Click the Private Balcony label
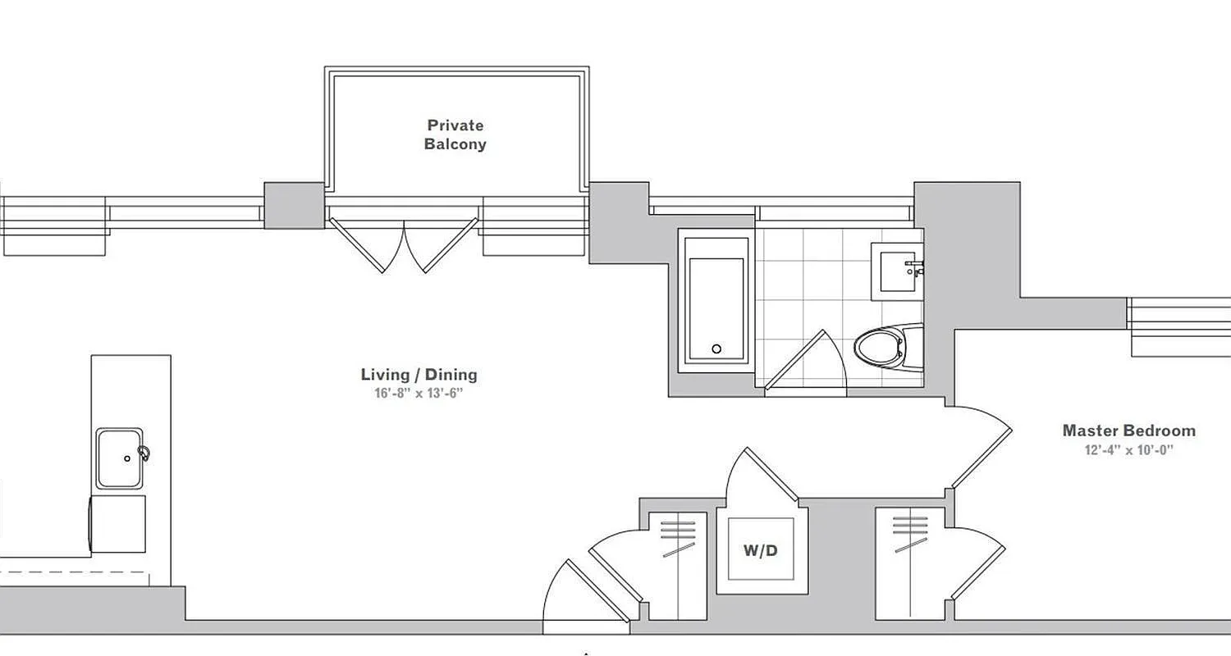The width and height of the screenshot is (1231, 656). point(455,134)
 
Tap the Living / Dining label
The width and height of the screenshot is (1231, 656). point(419,375)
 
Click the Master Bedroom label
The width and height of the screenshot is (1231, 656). point(1128,430)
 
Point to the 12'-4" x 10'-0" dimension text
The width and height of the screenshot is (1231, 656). point(1129,449)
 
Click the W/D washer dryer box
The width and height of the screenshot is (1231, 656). point(761,550)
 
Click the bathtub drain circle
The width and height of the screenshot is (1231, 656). point(716,349)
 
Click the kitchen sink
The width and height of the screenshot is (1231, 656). point(120,458)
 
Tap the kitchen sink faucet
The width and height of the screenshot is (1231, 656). point(144,452)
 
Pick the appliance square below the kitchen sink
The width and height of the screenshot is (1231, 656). point(120,523)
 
